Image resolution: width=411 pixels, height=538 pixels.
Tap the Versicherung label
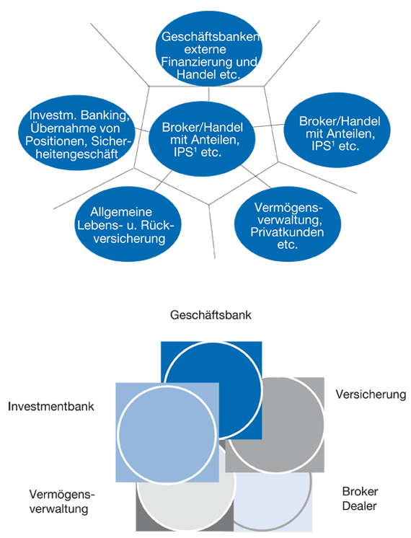[371, 394]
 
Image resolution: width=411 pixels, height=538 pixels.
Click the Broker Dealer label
[358, 498]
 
